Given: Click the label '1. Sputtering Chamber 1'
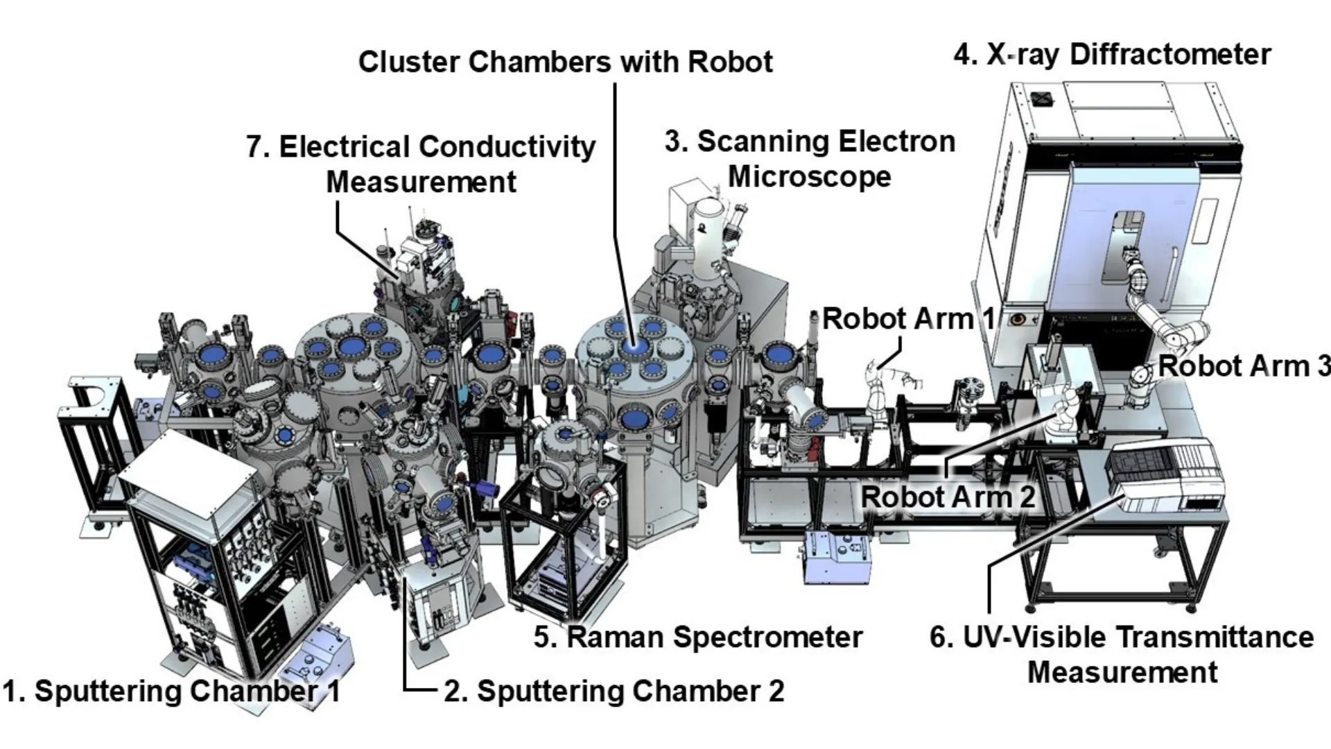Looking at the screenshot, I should [171, 691].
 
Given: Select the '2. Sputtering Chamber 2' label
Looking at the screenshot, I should [614, 691].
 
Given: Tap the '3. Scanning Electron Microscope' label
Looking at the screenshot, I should [810, 159].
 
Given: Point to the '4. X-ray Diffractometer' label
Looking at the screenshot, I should [1112, 55].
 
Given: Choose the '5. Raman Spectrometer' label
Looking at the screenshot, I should [698, 637].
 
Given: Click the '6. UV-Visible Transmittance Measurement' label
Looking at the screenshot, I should [1122, 654].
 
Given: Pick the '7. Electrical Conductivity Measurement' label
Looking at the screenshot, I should [421, 164].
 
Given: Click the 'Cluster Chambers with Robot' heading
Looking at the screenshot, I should [565, 62].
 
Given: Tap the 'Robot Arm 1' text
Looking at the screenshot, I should [908, 320].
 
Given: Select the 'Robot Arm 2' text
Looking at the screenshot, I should [948, 497].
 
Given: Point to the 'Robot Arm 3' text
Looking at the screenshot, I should [1244, 367].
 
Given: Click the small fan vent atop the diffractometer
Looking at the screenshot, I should [1042, 99].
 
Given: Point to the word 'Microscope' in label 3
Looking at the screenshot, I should [810, 177].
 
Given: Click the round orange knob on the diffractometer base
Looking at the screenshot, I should [1018, 320].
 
